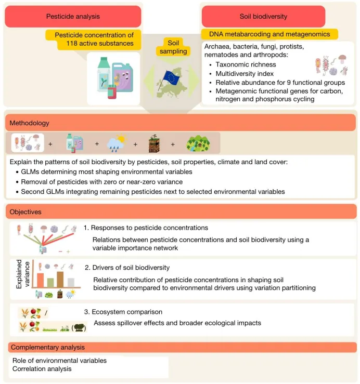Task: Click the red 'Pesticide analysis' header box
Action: [x=73, y=17]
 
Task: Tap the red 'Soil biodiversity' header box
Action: [x=263, y=17]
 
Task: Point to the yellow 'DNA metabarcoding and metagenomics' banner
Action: [x=269, y=34]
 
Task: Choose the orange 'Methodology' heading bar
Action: [x=180, y=123]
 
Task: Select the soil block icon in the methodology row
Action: [x=153, y=142]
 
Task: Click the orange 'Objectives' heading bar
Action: [x=180, y=212]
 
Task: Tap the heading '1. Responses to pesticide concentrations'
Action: [x=146, y=228]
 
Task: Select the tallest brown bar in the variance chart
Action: [x=60, y=278]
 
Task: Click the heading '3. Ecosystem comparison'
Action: [x=123, y=312]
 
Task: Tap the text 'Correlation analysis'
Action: [x=42, y=369]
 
